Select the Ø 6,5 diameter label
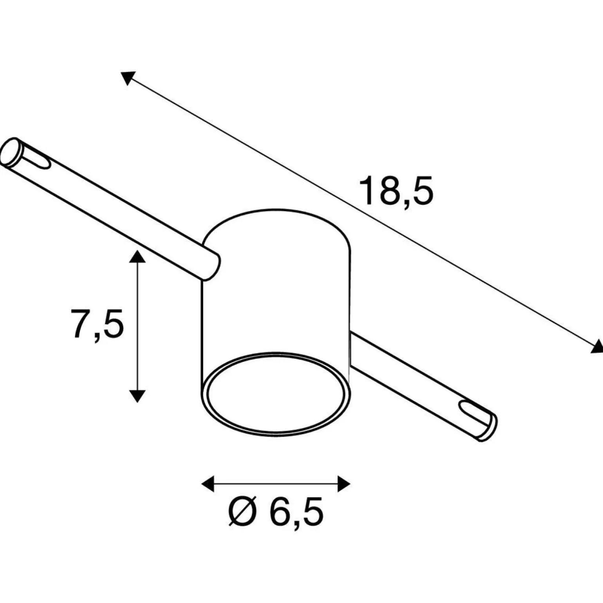tap(276, 511)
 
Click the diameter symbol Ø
tap(242, 511)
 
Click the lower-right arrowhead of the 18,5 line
tap(597, 347)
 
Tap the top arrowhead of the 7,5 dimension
tap(137, 256)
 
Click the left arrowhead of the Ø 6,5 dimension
tap(208, 484)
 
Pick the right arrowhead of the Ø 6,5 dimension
tap(344, 484)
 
